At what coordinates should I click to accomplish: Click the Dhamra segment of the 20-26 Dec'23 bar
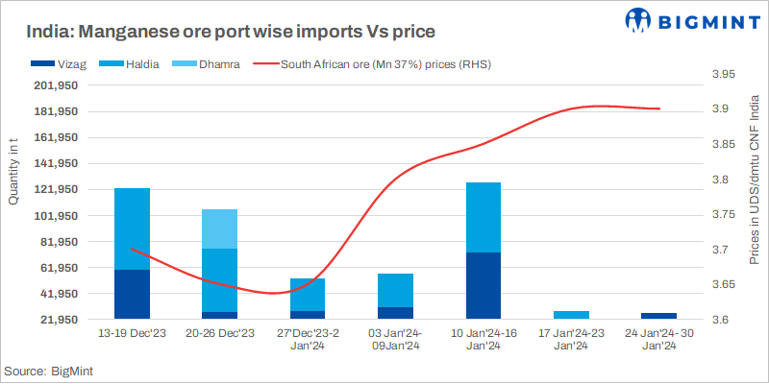point(220,228)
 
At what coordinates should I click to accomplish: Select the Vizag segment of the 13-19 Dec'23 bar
point(132,294)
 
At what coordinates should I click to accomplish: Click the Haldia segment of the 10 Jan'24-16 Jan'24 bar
point(484,217)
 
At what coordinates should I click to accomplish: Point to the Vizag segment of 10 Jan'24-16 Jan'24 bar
point(484,285)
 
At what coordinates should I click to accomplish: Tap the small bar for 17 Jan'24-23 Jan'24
point(571,314)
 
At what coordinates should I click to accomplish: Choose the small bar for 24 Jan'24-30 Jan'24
point(658,315)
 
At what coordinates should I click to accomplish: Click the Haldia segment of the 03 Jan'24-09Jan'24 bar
point(396,290)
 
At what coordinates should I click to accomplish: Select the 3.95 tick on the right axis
point(724,74)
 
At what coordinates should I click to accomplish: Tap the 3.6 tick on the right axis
point(721,320)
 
